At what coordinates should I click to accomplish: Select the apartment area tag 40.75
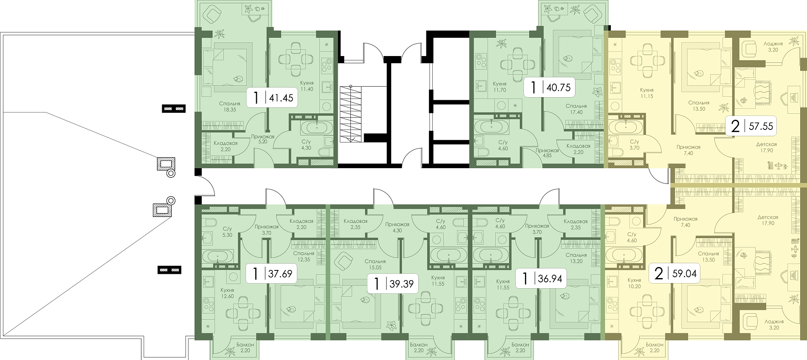point(549,88)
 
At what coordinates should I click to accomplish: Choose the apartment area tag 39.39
point(393,284)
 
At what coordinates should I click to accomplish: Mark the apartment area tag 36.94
point(541,278)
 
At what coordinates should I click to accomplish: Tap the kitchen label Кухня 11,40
point(307,86)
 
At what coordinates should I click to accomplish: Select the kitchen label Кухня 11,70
point(500,87)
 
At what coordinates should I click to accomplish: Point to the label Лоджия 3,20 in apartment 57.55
point(773,47)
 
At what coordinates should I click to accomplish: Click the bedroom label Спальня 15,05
point(375,264)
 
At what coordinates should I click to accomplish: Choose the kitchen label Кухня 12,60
point(227,293)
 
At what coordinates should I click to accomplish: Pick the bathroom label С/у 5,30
point(227,232)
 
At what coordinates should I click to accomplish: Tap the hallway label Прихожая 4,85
point(547,153)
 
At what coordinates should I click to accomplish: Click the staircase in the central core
point(351,114)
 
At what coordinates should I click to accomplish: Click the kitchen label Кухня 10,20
point(634,283)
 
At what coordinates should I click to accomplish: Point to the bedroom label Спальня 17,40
point(576,109)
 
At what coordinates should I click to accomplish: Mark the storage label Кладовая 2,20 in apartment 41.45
point(226,146)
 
